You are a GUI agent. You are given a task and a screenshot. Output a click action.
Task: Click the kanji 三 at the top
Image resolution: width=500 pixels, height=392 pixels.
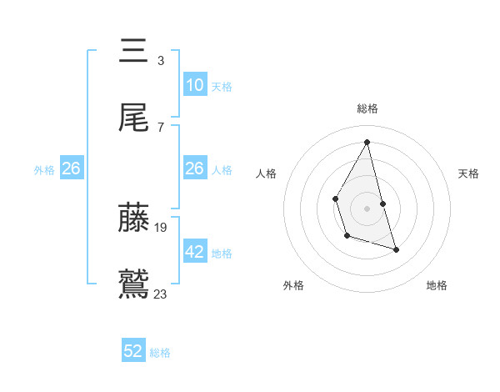(134, 51)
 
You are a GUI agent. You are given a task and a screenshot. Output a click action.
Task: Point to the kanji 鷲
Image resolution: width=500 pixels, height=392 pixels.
(134, 284)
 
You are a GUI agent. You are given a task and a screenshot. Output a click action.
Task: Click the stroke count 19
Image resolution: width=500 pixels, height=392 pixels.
(161, 227)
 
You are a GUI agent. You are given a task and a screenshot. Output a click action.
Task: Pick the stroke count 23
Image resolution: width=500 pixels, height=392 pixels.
(161, 293)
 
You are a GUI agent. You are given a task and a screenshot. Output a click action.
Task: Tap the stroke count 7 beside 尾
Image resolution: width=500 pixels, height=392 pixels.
(161, 127)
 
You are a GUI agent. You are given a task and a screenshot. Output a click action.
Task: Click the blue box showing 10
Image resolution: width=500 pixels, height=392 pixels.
(194, 85)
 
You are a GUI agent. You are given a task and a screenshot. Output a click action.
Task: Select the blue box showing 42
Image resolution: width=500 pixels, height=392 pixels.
(194, 252)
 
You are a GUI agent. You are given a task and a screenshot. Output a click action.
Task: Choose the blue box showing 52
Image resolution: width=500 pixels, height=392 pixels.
(133, 351)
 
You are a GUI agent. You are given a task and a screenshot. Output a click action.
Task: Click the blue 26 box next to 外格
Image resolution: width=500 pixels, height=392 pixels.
(71, 168)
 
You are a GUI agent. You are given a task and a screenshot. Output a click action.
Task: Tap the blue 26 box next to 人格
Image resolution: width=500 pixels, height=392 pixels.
(194, 168)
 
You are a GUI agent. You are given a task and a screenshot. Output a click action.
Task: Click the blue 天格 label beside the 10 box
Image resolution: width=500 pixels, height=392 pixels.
(222, 86)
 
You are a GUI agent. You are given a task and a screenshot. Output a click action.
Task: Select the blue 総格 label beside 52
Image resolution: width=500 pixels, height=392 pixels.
(160, 352)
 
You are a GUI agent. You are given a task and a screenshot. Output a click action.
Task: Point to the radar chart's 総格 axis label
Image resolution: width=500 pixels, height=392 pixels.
(367, 108)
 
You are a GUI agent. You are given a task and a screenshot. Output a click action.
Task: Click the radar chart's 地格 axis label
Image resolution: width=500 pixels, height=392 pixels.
(437, 285)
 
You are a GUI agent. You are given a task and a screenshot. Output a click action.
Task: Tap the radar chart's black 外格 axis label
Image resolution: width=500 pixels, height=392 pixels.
(293, 285)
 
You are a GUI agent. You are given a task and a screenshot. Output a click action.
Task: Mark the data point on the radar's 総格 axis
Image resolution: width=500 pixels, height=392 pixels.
(367, 142)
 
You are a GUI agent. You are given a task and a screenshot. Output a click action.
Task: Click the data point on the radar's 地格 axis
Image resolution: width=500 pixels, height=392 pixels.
(396, 249)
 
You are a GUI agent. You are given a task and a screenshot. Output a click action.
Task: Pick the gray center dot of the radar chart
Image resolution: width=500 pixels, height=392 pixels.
(367, 207)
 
